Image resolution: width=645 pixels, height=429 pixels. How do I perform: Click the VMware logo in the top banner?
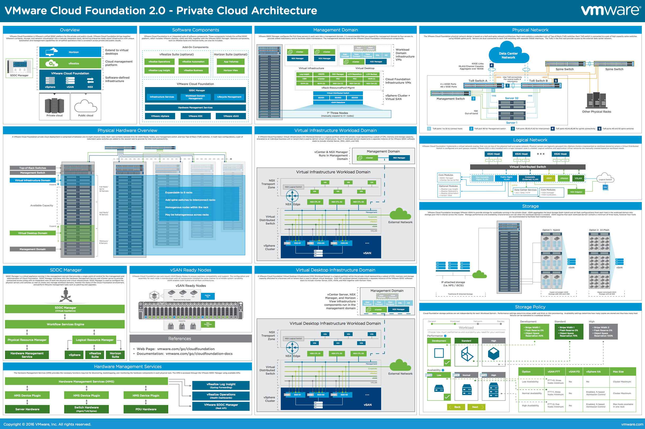[610, 11]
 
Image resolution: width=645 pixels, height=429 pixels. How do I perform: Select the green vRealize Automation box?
[193, 62]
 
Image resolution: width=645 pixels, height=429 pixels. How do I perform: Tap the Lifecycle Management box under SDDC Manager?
[229, 97]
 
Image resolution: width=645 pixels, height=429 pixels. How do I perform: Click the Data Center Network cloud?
[508, 55]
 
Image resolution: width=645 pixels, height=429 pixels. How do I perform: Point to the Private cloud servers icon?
[54, 106]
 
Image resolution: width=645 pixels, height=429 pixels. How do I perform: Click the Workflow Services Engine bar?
[65, 324]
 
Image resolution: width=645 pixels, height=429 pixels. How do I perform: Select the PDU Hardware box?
[146, 409]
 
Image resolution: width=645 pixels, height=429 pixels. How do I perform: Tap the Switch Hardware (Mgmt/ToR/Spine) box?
[86, 409]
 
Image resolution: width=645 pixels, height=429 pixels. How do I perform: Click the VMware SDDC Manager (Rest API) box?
[221, 406]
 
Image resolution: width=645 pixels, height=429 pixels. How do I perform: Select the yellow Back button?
[456, 407]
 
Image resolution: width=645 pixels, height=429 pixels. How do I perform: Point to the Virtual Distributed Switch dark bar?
[527, 167]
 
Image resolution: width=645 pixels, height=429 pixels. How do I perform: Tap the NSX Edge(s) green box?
[576, 192]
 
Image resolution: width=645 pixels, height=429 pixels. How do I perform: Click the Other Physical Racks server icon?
[596, 101]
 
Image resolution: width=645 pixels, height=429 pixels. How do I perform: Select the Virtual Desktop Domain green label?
[32, 233]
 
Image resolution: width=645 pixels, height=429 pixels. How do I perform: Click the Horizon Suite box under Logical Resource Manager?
[115, 355]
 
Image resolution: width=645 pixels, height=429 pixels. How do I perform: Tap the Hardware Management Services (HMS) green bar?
[86, 382]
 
